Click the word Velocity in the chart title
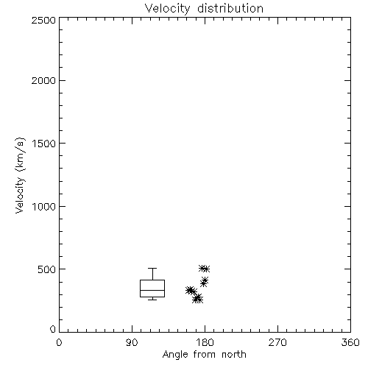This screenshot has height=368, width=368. tap(167, 9)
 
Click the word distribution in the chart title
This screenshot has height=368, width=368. tap(230, 8)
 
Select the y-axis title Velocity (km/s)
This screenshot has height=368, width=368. tap(20, 176)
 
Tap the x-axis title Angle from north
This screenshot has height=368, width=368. tap(204, 355)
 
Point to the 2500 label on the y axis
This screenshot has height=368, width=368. tap(43, 20)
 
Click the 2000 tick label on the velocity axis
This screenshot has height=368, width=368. tap(43, 80)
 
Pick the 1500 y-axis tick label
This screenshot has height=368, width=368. tap(44, 144)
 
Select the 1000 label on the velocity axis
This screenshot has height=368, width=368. tap(44, 207)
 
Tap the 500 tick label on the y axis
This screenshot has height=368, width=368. tap(46, 269)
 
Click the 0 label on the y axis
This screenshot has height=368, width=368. tap(53, 329)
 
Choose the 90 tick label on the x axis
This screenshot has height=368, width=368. tap(132, 342)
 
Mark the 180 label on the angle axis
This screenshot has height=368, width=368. tap(205, 342)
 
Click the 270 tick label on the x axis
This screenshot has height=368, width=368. tap(277, 342)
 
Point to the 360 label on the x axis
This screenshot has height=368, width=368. tap(350, 342)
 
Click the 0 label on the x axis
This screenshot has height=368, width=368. tap(59, 342)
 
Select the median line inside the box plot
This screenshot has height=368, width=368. tap(152, 290)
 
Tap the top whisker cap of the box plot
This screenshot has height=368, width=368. tap(152, 269)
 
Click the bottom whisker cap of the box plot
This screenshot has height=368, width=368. tap(152, 300)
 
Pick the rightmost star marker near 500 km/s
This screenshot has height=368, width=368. tap(206, 269)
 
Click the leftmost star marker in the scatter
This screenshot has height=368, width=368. tap(188, 290)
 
